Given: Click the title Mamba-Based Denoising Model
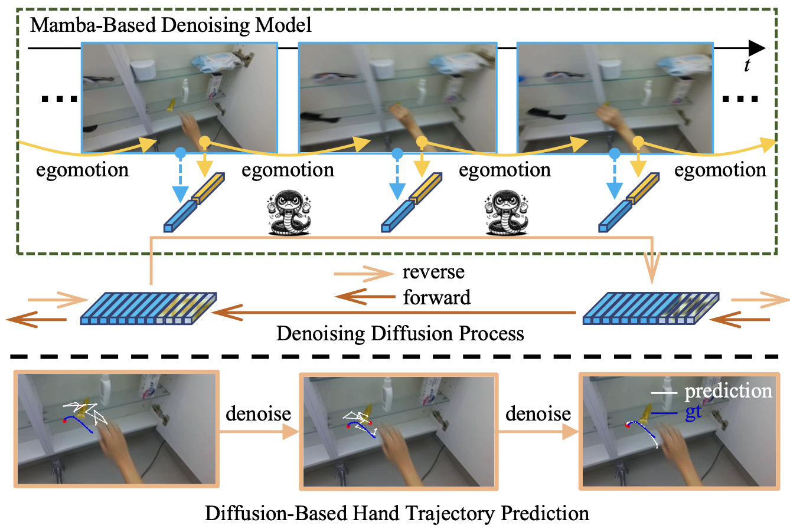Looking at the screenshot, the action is coord(171,25).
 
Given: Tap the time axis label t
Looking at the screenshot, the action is coord(747,66).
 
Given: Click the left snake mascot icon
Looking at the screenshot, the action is coord(289,213).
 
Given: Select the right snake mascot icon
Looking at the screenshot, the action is coord(507,213).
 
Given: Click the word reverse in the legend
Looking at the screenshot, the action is coord(433,272).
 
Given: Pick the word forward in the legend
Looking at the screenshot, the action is coord(436,298).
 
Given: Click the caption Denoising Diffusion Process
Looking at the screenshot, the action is coord(400,334).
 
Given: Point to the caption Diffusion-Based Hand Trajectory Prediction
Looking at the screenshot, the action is coord(397,513).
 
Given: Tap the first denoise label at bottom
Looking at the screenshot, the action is coord(258,413).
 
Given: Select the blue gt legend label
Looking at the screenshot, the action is coord(693,413).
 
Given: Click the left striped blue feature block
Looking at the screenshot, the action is coord(148,308).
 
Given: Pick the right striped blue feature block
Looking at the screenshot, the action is coord(651,308).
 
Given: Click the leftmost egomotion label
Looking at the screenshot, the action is coord(83,170).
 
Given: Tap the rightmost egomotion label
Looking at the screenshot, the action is coord(720,170).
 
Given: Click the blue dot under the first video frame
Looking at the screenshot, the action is coord(180,153).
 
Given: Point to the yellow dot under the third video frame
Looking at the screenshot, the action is coord(638,142).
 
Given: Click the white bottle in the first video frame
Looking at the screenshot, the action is coord(185,91).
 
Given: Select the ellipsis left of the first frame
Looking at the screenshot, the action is coord(59,99).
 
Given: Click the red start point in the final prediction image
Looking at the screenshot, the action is coord(628,426).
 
